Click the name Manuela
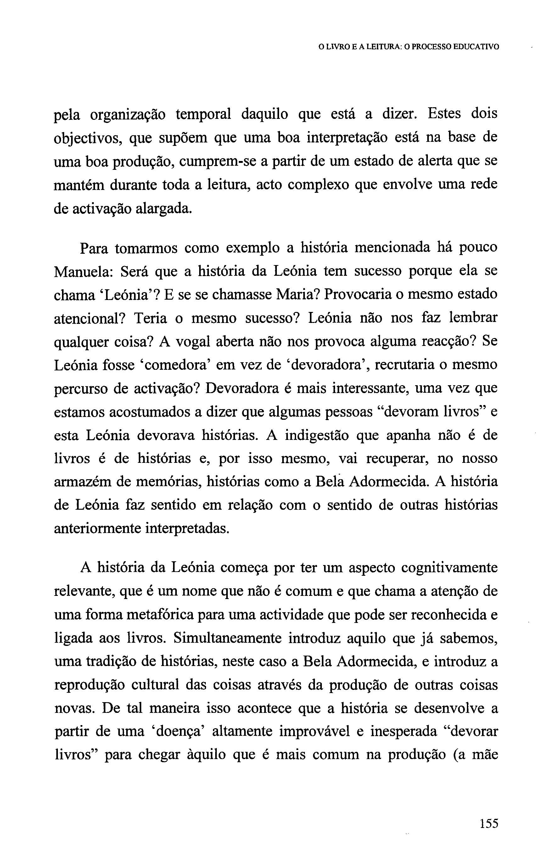click(x=83, y=271)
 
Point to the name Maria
click(x=297, y=294)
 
